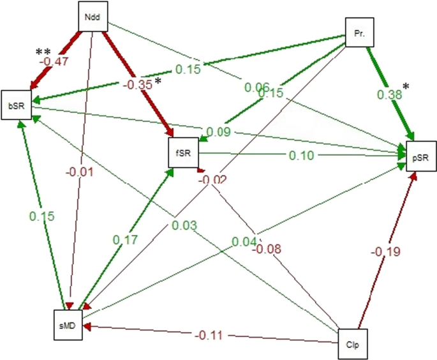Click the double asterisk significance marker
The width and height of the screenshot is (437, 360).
[x=43, y=51]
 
